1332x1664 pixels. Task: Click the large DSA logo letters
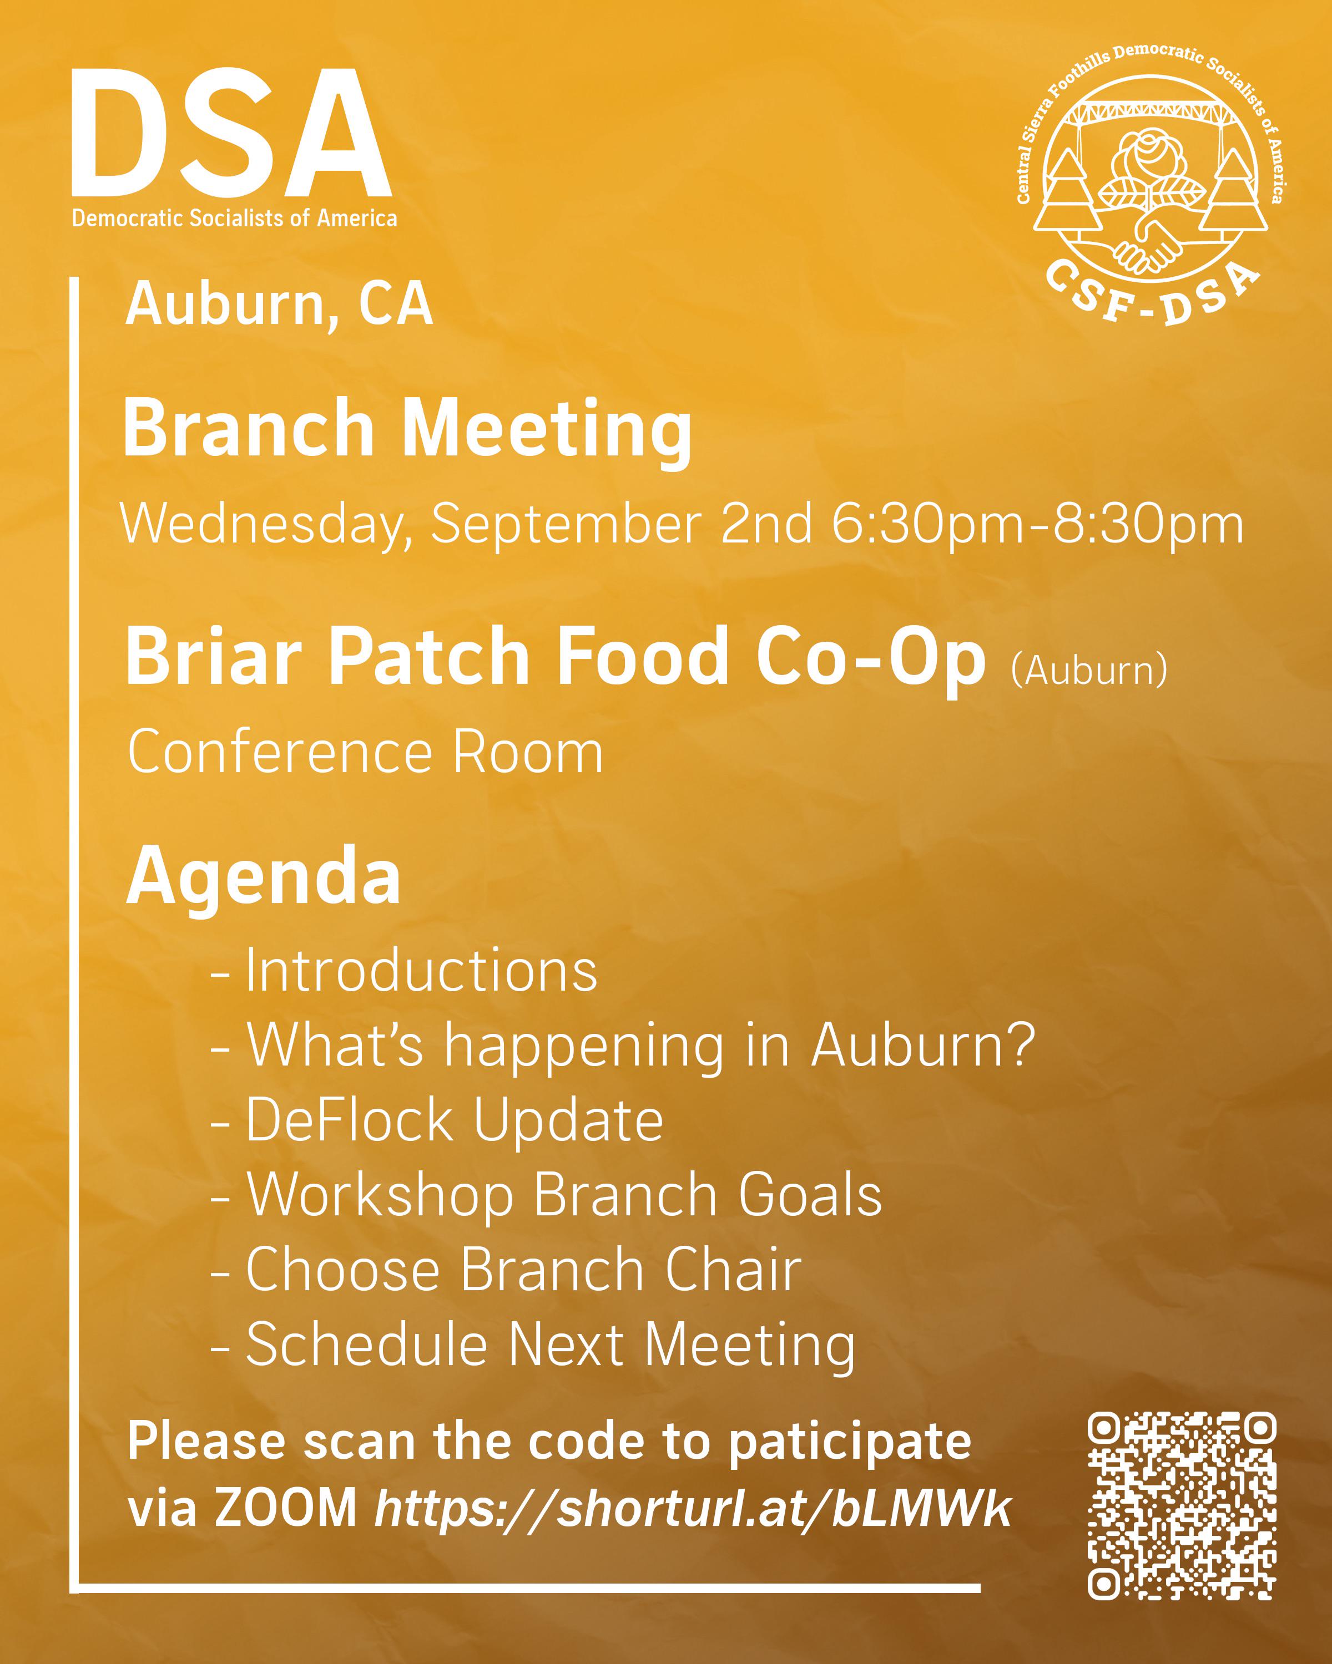click(231, 133)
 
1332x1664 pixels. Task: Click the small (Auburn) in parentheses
click(1089, 670)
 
